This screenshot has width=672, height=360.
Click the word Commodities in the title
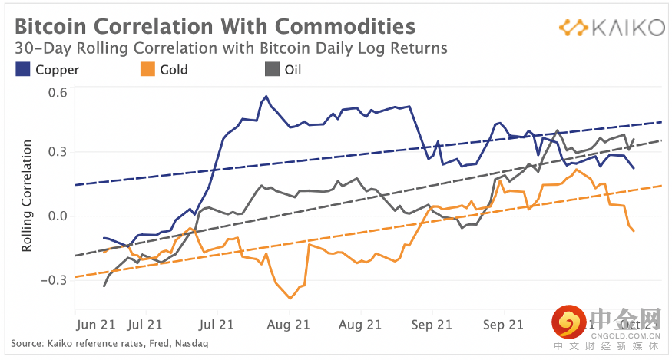[x=345, y=27]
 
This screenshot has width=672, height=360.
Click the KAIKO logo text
[x=627, y=28]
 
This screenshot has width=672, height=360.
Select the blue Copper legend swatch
[x=23, y=70]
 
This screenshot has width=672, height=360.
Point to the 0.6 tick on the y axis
[x=58, y=93]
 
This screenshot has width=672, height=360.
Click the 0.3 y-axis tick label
[x=58, y=153]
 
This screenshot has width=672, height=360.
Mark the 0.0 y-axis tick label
[x=58, y=216]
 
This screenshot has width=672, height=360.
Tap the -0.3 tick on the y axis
[x=56, y=280]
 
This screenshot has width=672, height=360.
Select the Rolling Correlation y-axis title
[x=27, y=196]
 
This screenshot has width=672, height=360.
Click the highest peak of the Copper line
[x=266, y=97]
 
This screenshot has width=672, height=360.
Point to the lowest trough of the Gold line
[x=290, y=298]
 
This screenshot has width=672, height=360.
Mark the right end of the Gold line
[x=634, y=231]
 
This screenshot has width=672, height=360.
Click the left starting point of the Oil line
[x=104, y=286]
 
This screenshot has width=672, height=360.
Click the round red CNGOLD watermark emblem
[x=569, y=324]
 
